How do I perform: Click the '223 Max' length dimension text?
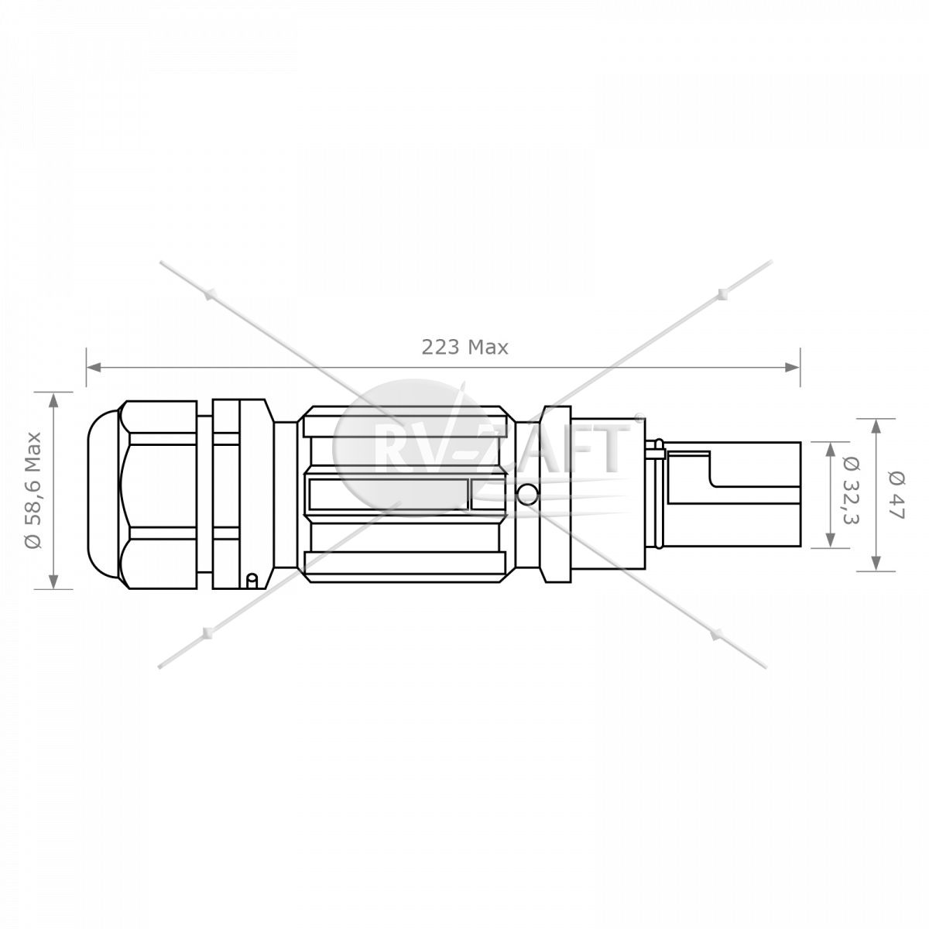pos(464,347)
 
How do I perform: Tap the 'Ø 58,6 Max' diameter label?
pos(33,490)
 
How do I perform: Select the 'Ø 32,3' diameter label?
pos(852,490)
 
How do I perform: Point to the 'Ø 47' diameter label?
pos(896,495)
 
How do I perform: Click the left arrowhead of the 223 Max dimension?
pos(94,368)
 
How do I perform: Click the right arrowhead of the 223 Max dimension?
pos(793,368)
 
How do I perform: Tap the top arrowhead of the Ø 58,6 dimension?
pos(53,399)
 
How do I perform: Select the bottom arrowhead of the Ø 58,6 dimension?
pos(53,581)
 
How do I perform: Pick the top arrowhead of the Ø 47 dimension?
pos(876,427)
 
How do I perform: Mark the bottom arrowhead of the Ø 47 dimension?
pos(876,563)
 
